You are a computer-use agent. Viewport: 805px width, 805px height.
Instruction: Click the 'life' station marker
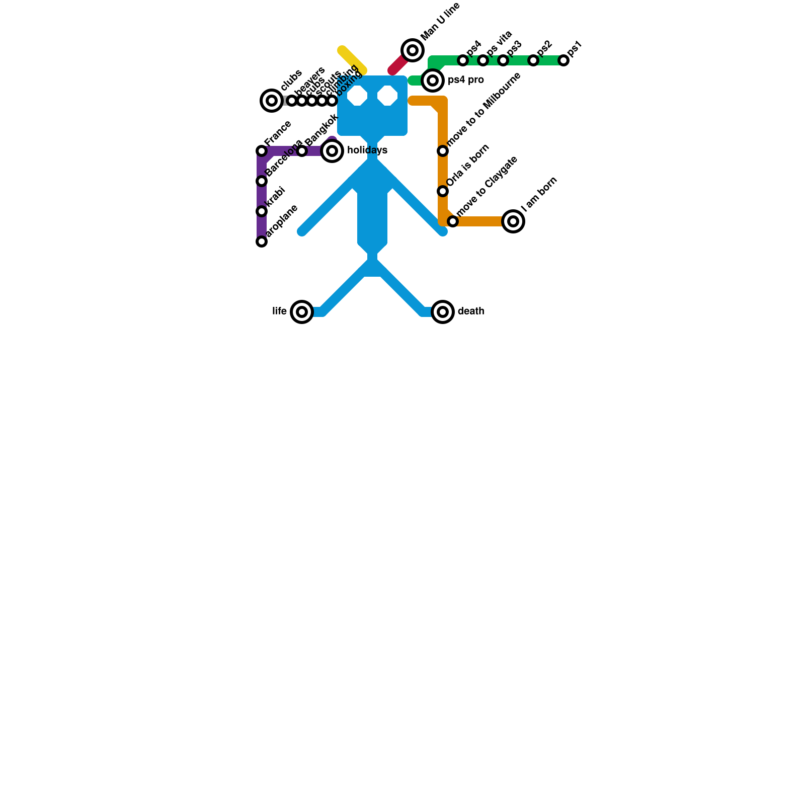(x=302, y=312)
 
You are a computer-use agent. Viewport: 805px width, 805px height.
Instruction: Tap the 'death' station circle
(x=443, y=312)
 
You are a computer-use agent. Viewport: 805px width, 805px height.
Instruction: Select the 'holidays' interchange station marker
(x=332, y=151)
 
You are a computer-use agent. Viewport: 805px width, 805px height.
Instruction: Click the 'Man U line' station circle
(x=413, y=50)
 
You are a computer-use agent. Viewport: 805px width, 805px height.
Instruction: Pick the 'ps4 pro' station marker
(x=433, y=80)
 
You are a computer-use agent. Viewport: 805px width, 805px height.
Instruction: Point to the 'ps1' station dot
(x=563, y=60)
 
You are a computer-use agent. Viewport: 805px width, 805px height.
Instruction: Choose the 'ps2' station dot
(x=533, y=60)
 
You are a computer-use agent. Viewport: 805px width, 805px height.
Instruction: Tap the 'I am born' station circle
(x=513, y=221)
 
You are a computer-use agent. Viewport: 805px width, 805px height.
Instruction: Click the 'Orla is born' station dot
(x=443, y=191)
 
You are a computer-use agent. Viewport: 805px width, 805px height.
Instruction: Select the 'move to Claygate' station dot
(x=453, y=221)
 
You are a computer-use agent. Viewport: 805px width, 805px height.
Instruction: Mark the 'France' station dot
(x=262, y=151)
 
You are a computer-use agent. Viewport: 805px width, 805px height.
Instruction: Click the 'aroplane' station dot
(x=262, y=242)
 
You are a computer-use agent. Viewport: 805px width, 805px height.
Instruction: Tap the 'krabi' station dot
(x=262, y=211)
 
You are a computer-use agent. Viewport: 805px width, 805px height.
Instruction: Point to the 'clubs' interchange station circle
(x=272, y=101)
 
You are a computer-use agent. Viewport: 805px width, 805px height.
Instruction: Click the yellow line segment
(x=352, y=60)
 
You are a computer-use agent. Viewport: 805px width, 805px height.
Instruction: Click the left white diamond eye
(x=357, y=96)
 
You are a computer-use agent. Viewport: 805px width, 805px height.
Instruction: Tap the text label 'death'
(x=471, y=311)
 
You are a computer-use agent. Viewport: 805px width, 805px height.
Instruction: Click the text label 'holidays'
(x=367, y=150)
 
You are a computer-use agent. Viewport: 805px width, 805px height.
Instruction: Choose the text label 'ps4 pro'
(x=466, y=80)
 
